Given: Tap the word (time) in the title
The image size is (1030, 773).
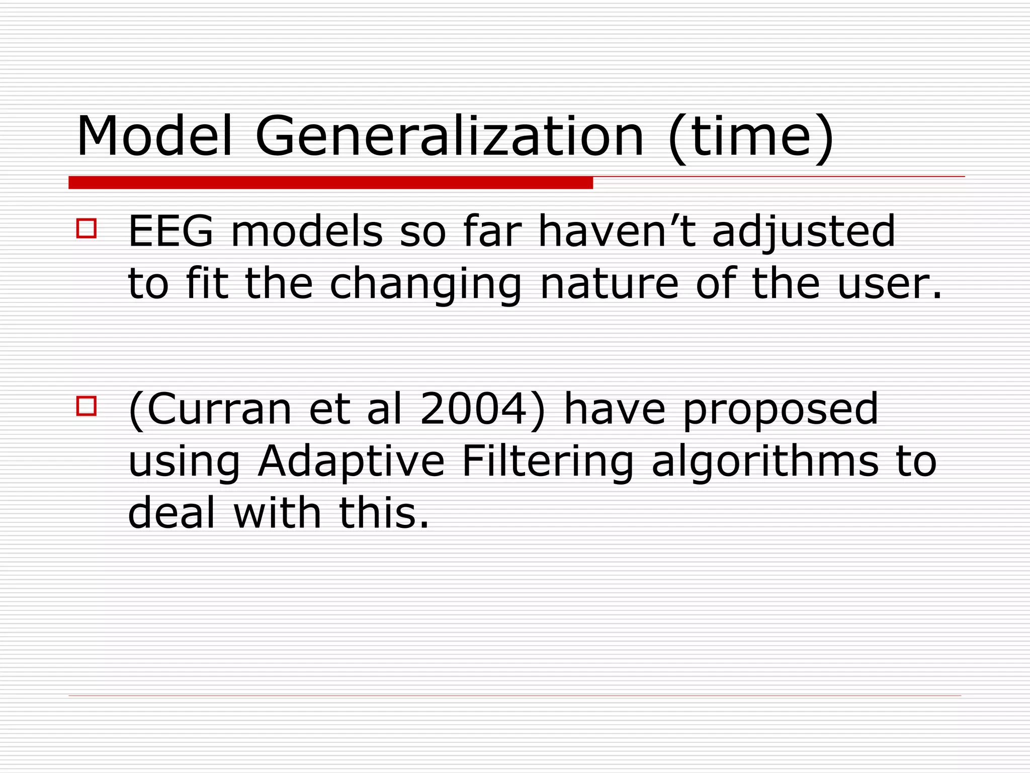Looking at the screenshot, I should pyautogui.click(x=751, y=137).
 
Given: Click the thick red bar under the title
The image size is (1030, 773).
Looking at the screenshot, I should pyautogui.click(x=330, y=183).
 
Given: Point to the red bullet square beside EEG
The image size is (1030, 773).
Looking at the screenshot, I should pyautogui.click(x=87, y=228).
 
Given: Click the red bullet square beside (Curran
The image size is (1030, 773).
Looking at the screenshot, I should pyautogui.click(x=87, y=406).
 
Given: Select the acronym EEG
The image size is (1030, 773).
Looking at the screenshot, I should pyautogui.click(x=171, y=231).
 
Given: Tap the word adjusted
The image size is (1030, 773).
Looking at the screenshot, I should pyautogui.click(x=803, y=233).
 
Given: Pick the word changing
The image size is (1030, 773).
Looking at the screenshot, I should pyautogui.click(x=425, y=285).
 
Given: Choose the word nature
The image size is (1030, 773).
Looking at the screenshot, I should pyautogui.click(x=609, y=284).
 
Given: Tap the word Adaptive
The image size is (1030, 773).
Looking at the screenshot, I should pyautogui.click(x=351, y=462).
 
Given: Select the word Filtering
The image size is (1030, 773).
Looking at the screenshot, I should pyautogui.click(x=547, y=462).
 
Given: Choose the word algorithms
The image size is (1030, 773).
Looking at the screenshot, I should pyautogui.click(x=764, y=462).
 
